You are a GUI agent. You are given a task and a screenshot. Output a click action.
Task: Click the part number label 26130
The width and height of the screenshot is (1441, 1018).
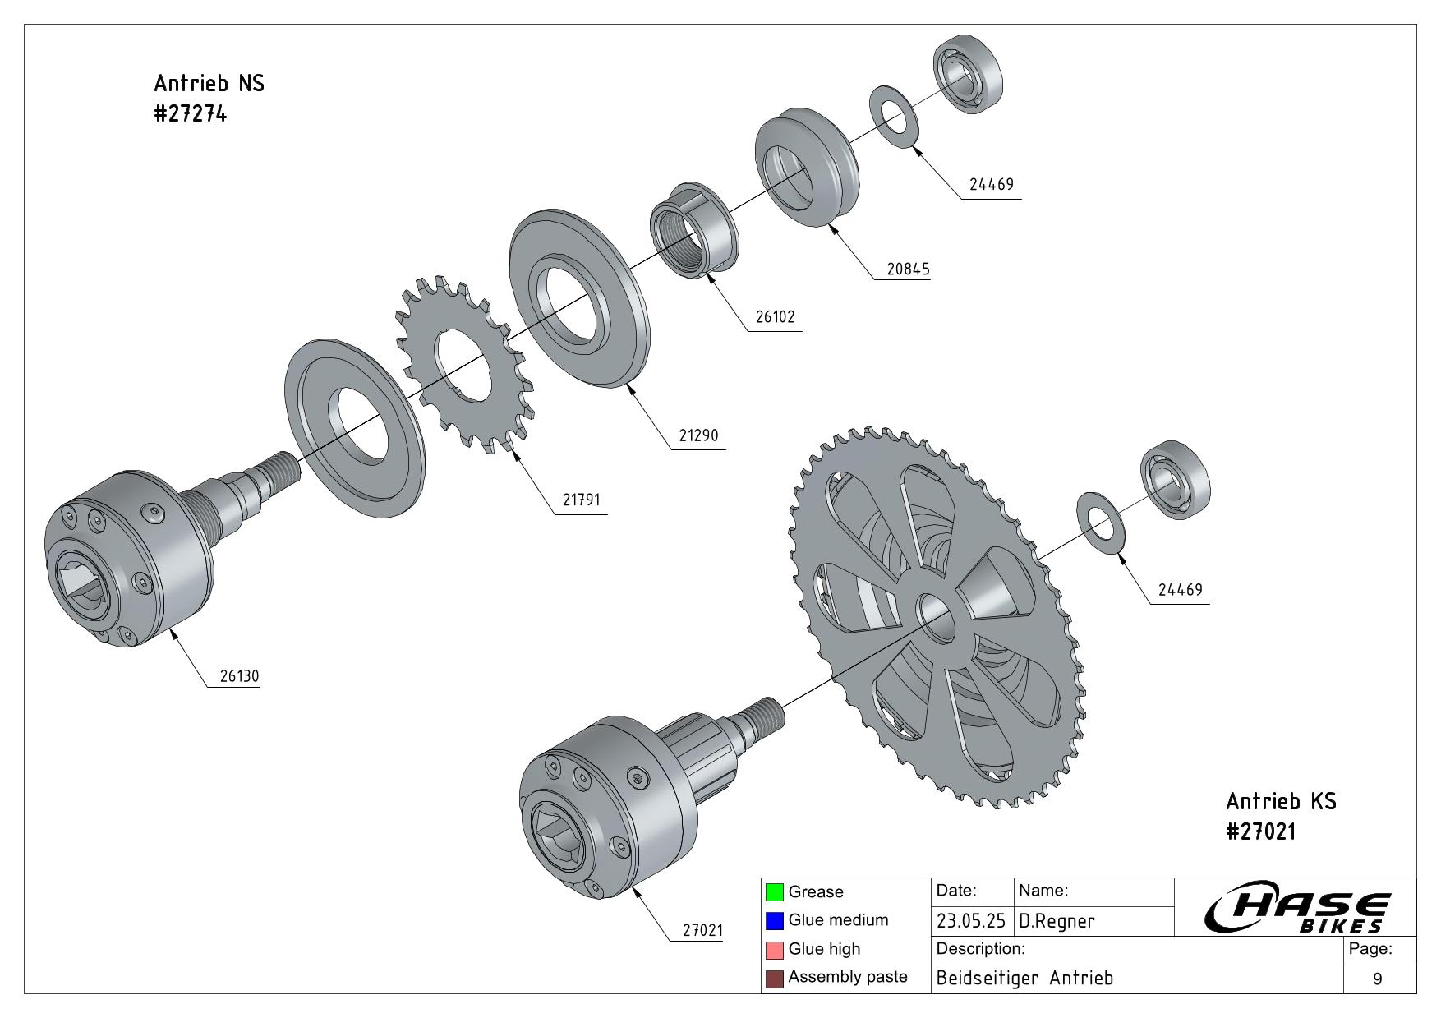pyautogui.click(x=239, y=676)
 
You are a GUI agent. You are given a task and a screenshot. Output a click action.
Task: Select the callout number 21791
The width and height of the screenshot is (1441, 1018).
pyautogui.click(x=581, y=499)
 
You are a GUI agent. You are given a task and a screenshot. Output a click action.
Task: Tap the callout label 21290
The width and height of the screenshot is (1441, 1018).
pyautogui.click(x=698, y=435)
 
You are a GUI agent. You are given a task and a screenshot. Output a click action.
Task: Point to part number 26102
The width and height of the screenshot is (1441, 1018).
pyautogui.click(x=775, y=316)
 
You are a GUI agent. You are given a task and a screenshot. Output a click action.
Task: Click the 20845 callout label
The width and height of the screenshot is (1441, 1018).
pyautogui.click(x=908, y=269)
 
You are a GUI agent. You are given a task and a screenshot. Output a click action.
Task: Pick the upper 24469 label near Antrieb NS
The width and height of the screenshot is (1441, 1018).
pyautogui.click(x=991, y=184)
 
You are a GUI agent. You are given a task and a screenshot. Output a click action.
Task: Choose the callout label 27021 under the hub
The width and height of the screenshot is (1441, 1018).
pyautogui.click(x=702, y=930)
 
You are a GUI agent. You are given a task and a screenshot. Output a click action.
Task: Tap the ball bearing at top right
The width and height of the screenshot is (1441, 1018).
pyautogui.click(x=968, y=74)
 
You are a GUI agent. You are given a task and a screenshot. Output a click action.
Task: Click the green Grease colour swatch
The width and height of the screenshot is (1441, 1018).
pyautogui.click(x=774, y=891)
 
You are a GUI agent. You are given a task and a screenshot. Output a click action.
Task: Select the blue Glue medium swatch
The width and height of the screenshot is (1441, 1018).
pyautogui.click(x=774, y=920)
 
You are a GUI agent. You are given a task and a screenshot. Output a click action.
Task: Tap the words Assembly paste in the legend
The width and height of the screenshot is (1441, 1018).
pyautogui.click(x=847, y=977)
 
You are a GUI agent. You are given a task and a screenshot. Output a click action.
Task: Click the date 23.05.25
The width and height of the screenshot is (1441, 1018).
pyautogui.click(x=970, y=921)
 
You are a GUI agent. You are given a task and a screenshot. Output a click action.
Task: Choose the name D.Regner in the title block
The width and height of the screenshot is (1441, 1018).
pyautogui.click(x=1057, y=921)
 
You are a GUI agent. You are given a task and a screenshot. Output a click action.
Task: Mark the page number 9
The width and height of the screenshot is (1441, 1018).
pyautogui.click(x=1377, y=979)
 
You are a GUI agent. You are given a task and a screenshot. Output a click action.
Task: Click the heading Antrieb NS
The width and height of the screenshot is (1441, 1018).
pyautogui.click(x=209, y=83)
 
